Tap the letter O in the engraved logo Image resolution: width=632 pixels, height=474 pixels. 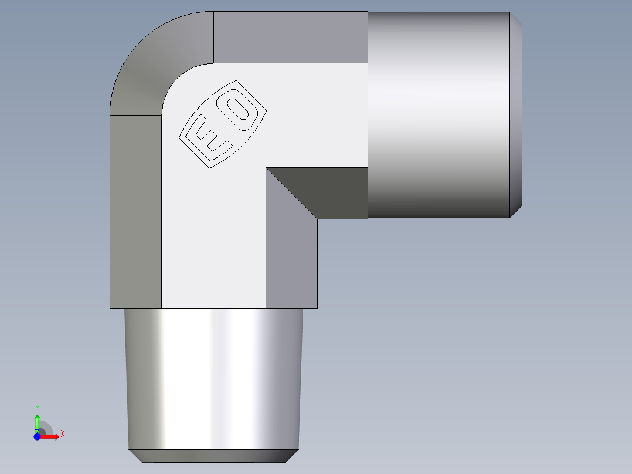(239, 111)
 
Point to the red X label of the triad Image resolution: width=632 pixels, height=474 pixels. (62, 434)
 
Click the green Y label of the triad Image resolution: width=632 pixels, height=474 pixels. (37, 408)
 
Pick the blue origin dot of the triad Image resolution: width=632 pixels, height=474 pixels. (37, 436)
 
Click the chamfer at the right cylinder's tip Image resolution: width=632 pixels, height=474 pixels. (516, 115)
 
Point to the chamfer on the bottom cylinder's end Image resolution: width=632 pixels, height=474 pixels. (214, 456)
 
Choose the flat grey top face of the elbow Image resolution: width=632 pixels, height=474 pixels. (290, 37)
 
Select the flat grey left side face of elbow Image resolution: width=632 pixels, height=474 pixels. (135, 211)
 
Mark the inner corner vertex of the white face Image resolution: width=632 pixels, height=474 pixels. (266, 168)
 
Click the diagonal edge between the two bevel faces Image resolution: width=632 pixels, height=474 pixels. (291, 194)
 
